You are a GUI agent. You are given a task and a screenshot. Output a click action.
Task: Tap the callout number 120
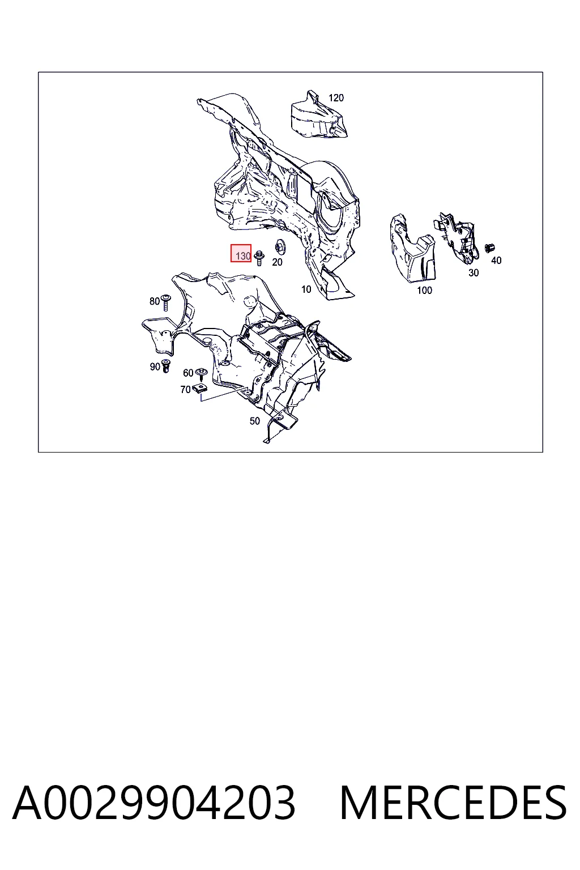336,98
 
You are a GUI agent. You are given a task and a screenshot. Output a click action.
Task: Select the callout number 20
277,263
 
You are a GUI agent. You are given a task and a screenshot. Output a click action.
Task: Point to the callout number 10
306,289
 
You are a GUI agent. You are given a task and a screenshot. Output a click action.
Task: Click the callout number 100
424,290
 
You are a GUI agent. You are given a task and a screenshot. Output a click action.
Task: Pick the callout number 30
473,273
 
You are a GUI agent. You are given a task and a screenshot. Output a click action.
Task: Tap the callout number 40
496,261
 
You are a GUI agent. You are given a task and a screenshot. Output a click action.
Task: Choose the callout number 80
155,301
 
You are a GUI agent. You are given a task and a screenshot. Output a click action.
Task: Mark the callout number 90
155,366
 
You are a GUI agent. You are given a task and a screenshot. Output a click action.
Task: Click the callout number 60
188,373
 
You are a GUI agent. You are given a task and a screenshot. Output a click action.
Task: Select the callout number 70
185,389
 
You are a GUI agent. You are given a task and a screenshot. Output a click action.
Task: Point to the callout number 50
254,421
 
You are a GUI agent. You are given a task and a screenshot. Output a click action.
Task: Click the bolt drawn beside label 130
259,258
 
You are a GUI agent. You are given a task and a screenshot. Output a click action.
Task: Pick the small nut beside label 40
489,247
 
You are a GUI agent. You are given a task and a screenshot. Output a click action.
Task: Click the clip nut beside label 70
201,387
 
